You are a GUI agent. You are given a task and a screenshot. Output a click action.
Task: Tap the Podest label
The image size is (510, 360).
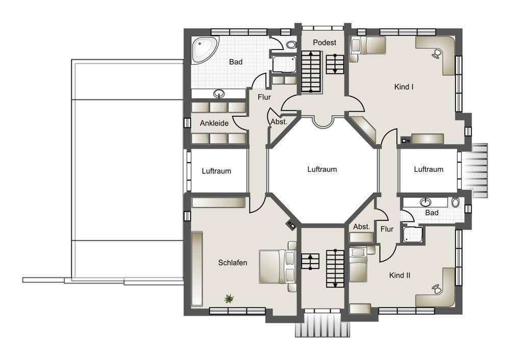(324, 42)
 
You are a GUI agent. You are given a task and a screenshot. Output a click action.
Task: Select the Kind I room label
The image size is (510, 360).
(403, 87)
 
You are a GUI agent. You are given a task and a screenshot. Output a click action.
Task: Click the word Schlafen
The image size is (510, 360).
(233, 263)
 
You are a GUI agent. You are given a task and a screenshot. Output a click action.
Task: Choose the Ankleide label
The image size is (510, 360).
(214, 123)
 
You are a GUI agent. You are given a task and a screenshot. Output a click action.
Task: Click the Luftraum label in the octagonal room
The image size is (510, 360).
(322, 169)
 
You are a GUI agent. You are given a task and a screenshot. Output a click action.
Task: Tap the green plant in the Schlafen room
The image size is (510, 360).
(229, 298)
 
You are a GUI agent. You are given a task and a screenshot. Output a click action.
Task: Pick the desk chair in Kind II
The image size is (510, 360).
(437, 289)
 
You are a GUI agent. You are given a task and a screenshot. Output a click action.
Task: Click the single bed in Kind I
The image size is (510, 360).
(367, 45)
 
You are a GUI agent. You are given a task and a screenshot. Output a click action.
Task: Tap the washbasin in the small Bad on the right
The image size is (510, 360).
(425, 202)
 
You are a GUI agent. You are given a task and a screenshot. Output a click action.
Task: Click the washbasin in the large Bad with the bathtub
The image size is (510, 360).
(219, 93)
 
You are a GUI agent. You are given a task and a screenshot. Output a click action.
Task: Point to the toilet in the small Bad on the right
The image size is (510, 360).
(455, 202)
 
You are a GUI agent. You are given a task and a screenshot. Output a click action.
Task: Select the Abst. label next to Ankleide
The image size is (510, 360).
(279, 122)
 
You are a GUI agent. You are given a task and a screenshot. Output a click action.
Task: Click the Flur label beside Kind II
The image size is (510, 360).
(387, 229)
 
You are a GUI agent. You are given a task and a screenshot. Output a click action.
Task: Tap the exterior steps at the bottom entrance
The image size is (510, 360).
(323, 325)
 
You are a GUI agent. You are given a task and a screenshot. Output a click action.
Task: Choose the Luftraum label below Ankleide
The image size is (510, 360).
(216, 171)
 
